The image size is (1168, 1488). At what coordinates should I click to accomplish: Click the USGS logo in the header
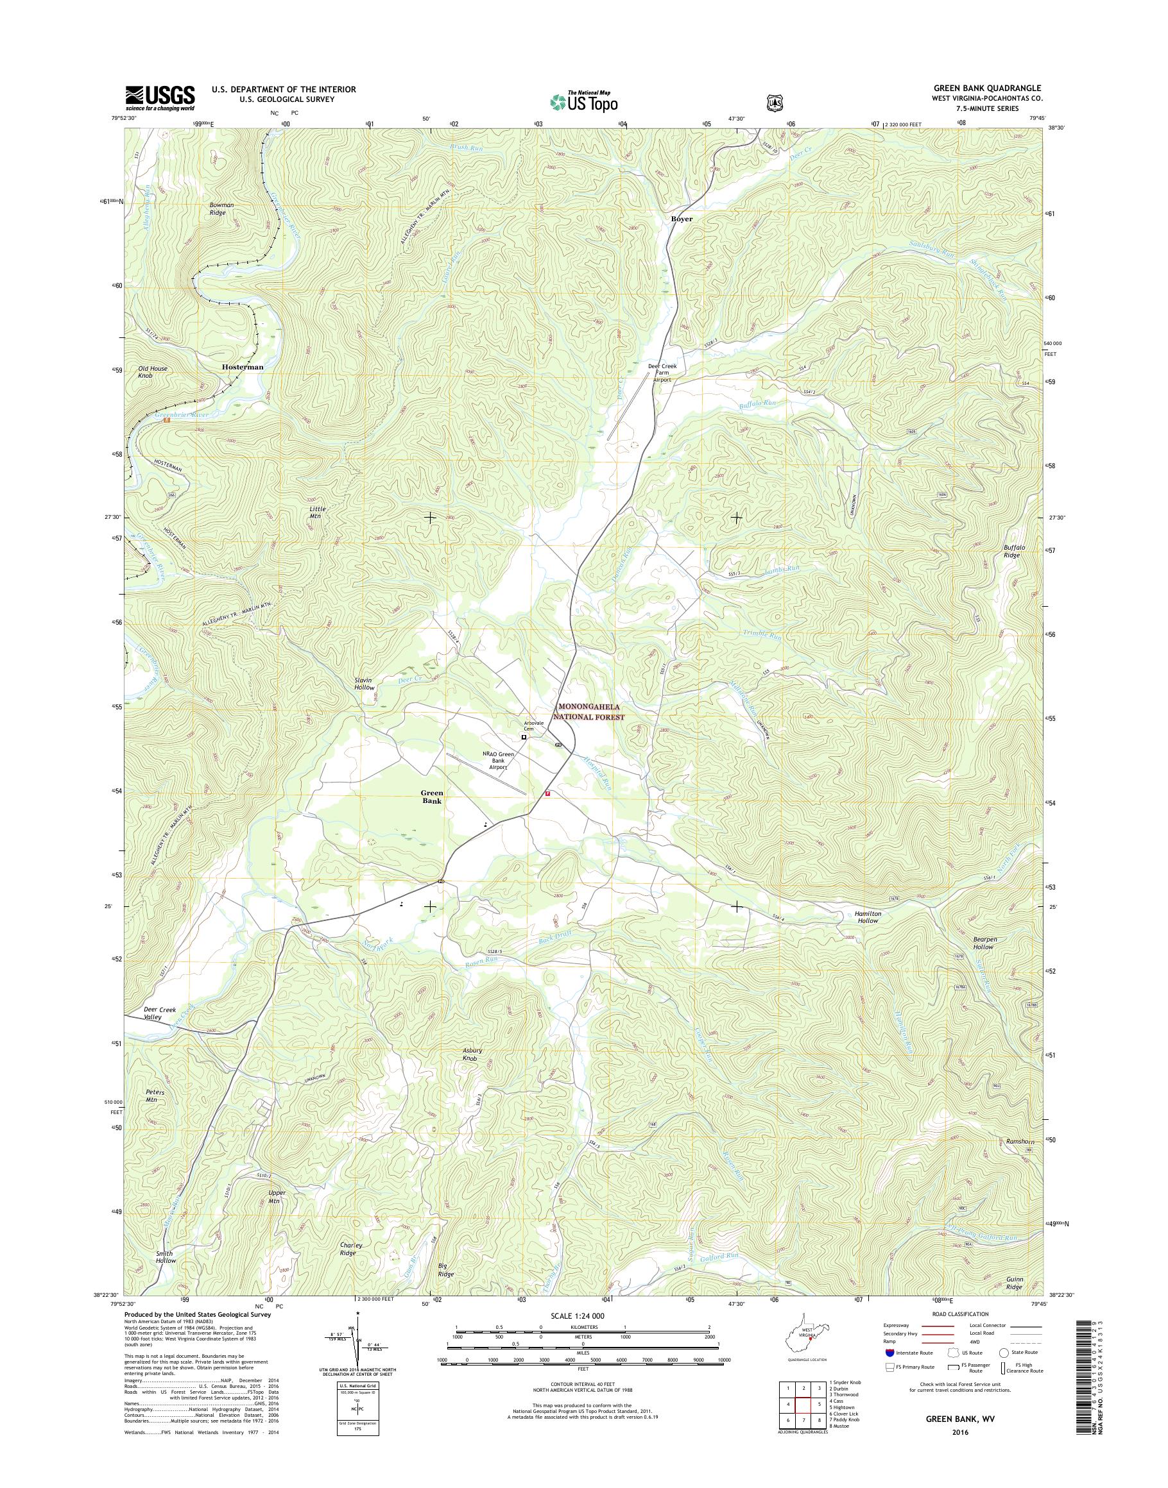coord(159,97)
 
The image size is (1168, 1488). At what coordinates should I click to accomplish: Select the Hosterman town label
coord(242,366)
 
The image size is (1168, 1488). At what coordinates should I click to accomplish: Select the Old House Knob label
coord(152,372)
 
